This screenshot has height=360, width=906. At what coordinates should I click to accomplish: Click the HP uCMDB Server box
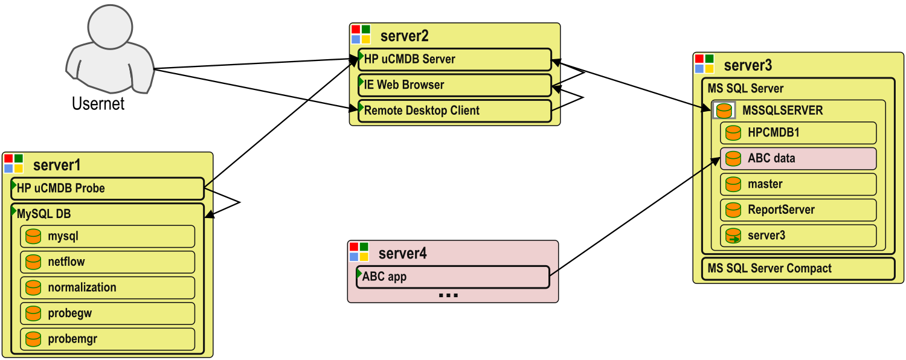(454, 59)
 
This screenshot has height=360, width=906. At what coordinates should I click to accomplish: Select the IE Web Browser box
(454, 85)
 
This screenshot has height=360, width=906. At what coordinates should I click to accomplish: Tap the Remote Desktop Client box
(454, 111)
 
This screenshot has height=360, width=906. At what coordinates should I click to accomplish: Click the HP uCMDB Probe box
(108, 188)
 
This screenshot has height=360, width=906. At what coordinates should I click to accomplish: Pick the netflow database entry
(108, 262)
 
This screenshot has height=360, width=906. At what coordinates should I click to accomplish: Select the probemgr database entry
(108, 339)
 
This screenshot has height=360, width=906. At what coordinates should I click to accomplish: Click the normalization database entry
(108, 288)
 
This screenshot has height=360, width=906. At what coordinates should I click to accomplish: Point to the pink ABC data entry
(798, 158)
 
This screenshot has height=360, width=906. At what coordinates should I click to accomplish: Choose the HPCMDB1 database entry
(798, 133)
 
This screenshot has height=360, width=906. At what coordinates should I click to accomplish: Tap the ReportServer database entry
(798, 210)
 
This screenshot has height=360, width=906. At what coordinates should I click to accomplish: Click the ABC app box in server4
(452, 277)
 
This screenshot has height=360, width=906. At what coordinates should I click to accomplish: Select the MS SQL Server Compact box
(797, 269)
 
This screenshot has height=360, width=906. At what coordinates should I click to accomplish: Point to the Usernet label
(98, 104)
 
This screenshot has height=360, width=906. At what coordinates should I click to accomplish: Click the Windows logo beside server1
(13, 164)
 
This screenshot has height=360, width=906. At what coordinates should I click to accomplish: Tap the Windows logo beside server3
(704, 63)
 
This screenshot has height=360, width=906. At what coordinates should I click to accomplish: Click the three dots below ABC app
(448, 295)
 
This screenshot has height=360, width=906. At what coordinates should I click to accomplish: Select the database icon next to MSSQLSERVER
(724, 111)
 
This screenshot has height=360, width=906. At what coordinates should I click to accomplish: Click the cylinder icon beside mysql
(33, 237)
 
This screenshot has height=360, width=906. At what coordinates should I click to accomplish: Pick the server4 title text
(402, 253)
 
